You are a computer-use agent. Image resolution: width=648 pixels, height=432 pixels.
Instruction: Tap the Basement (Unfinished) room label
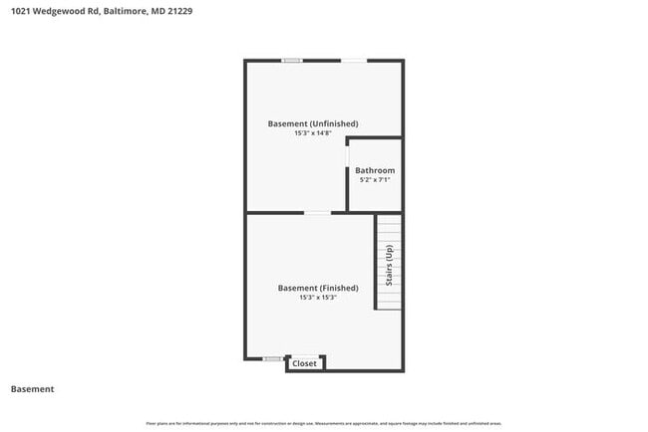click(x=312, y=123)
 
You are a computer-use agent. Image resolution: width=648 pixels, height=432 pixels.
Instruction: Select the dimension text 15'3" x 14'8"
click(x=312, y=133)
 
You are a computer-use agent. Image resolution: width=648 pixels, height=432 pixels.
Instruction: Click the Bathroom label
click(x=375, y=170)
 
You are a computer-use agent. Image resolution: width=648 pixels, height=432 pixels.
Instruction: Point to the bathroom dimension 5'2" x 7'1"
click(x=375, y=180)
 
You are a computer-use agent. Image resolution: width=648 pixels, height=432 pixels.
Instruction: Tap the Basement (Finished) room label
click(x=317, y=288)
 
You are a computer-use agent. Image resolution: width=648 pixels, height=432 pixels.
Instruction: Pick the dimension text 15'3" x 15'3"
click(x=317, y=298)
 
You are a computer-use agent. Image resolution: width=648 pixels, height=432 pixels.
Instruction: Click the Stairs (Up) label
click(x=389, y=266)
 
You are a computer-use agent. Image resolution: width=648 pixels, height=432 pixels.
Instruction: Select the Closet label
click(x=304, y=363)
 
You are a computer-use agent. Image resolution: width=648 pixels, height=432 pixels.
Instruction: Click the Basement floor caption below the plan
click(x=32, y=389)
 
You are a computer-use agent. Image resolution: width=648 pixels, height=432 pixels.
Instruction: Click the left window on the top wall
click(x=291, y=61)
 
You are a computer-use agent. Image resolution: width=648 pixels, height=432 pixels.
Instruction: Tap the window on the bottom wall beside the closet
click(x=271, y=358)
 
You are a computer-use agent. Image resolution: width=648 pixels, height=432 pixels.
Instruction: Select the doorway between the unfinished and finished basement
click(x=317, y=212)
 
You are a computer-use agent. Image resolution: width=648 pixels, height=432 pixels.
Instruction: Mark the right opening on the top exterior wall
click(x=354, y=61)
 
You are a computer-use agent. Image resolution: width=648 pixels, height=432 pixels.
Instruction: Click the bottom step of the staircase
click(x=389, y=305)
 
